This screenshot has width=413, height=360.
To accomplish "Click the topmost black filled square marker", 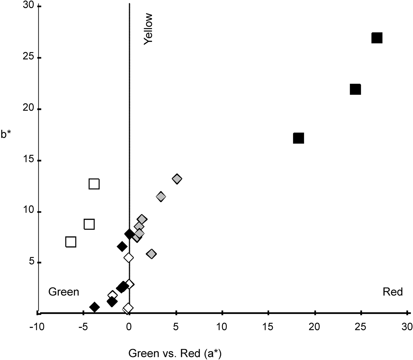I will coord(377,38).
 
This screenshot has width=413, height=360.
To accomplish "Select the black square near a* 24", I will coord(355,89).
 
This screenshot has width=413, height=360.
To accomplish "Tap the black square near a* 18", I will coord(299,138).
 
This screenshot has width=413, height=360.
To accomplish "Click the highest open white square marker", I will coord(94,184).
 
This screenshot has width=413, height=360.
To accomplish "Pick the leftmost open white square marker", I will coord(71,242).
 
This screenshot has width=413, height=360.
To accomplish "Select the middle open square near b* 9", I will coord(89,224).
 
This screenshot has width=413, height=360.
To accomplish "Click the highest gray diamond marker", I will coord(177,179).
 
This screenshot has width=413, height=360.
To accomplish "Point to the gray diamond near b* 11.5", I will coord(161,196).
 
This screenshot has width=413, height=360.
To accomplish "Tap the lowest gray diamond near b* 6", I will coord(151,254).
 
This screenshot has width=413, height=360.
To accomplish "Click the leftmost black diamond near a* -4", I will coord(94,307).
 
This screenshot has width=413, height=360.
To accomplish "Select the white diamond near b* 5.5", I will coord(129,257).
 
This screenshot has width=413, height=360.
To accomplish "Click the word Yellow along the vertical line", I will coord(148,29).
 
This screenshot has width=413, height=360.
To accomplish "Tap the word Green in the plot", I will coord(64,292).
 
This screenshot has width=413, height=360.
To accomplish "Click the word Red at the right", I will coord(393,292).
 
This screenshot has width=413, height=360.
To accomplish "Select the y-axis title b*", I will coord(7,134).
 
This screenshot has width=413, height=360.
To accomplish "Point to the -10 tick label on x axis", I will coord(37,327).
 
